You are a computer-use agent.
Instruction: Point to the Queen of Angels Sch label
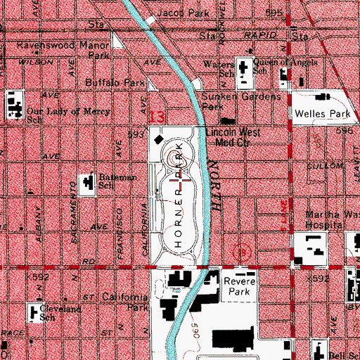(280, 66)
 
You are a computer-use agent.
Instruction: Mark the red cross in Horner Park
(184, 184)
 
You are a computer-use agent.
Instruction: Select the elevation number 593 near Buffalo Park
(136, 133)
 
